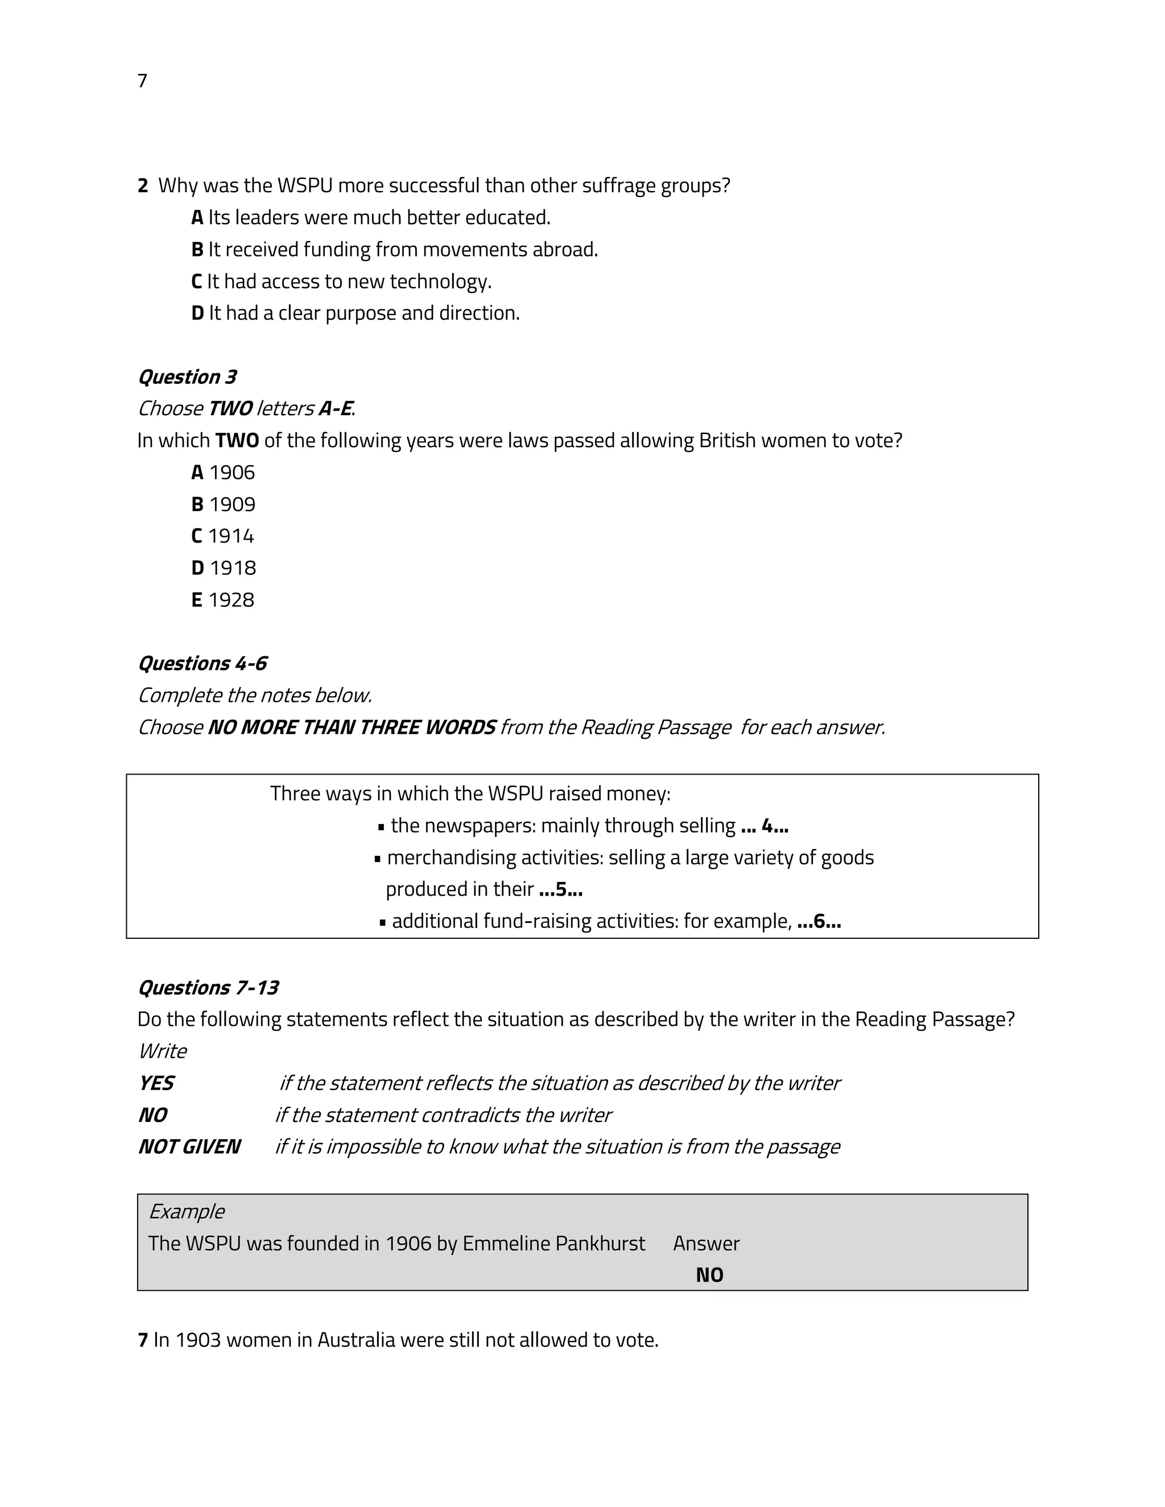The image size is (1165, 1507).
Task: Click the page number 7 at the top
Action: click(142, 81)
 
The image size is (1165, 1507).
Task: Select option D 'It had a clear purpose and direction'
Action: click(356, 313)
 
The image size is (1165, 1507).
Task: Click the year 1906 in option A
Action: click(232, 473)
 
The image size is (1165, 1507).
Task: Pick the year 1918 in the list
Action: click(233, 568)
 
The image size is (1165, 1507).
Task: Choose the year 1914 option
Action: click(230, 536)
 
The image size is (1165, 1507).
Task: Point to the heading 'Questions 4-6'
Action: click(202, 663)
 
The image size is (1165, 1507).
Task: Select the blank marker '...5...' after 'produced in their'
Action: click(560, 889)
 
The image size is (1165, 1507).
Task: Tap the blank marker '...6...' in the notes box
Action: click(819, 921)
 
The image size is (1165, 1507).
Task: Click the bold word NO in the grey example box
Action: click(709, 1275)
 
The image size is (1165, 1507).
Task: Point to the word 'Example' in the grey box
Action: click(187, 1212)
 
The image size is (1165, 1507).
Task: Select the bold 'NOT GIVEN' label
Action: click(189, 1147)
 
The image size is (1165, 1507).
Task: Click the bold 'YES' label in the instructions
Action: click(156, 1083)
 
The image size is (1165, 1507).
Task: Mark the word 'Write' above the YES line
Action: click(163, 1051)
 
